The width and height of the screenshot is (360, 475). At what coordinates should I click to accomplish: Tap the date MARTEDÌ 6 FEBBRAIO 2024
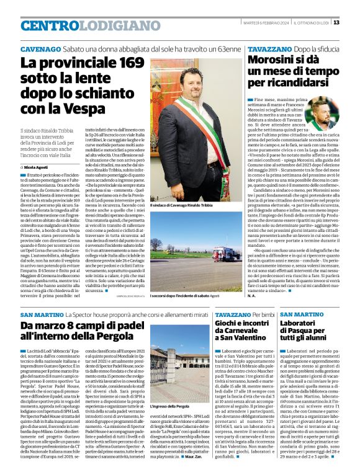(265, 23)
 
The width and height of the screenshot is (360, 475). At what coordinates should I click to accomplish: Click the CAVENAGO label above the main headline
(40, 48)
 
